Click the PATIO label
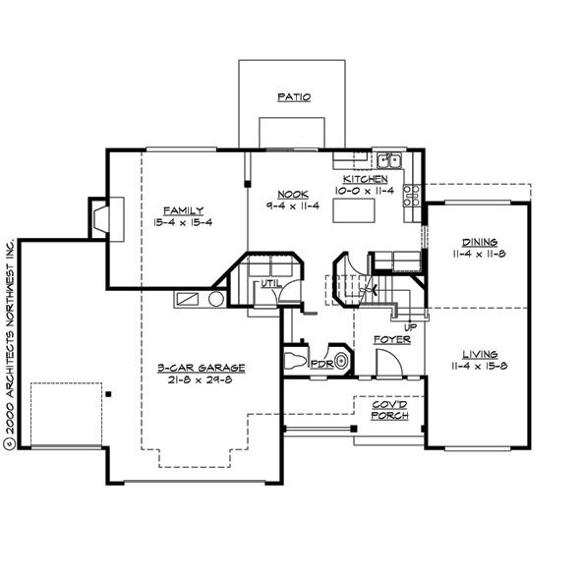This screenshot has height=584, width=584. [292, 97]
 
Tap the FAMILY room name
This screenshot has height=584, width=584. [183, 210]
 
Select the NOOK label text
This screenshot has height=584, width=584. [287, 194]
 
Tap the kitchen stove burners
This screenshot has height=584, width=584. [413, 194]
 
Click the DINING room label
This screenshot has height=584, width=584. [480, 242]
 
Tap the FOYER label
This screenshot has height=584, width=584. [391, 339]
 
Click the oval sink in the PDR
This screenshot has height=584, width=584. [341, 362]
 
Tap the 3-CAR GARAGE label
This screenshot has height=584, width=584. [201, 368]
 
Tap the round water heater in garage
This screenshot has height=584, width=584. [216, 298]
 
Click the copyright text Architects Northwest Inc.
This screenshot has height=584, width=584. [10, 344]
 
